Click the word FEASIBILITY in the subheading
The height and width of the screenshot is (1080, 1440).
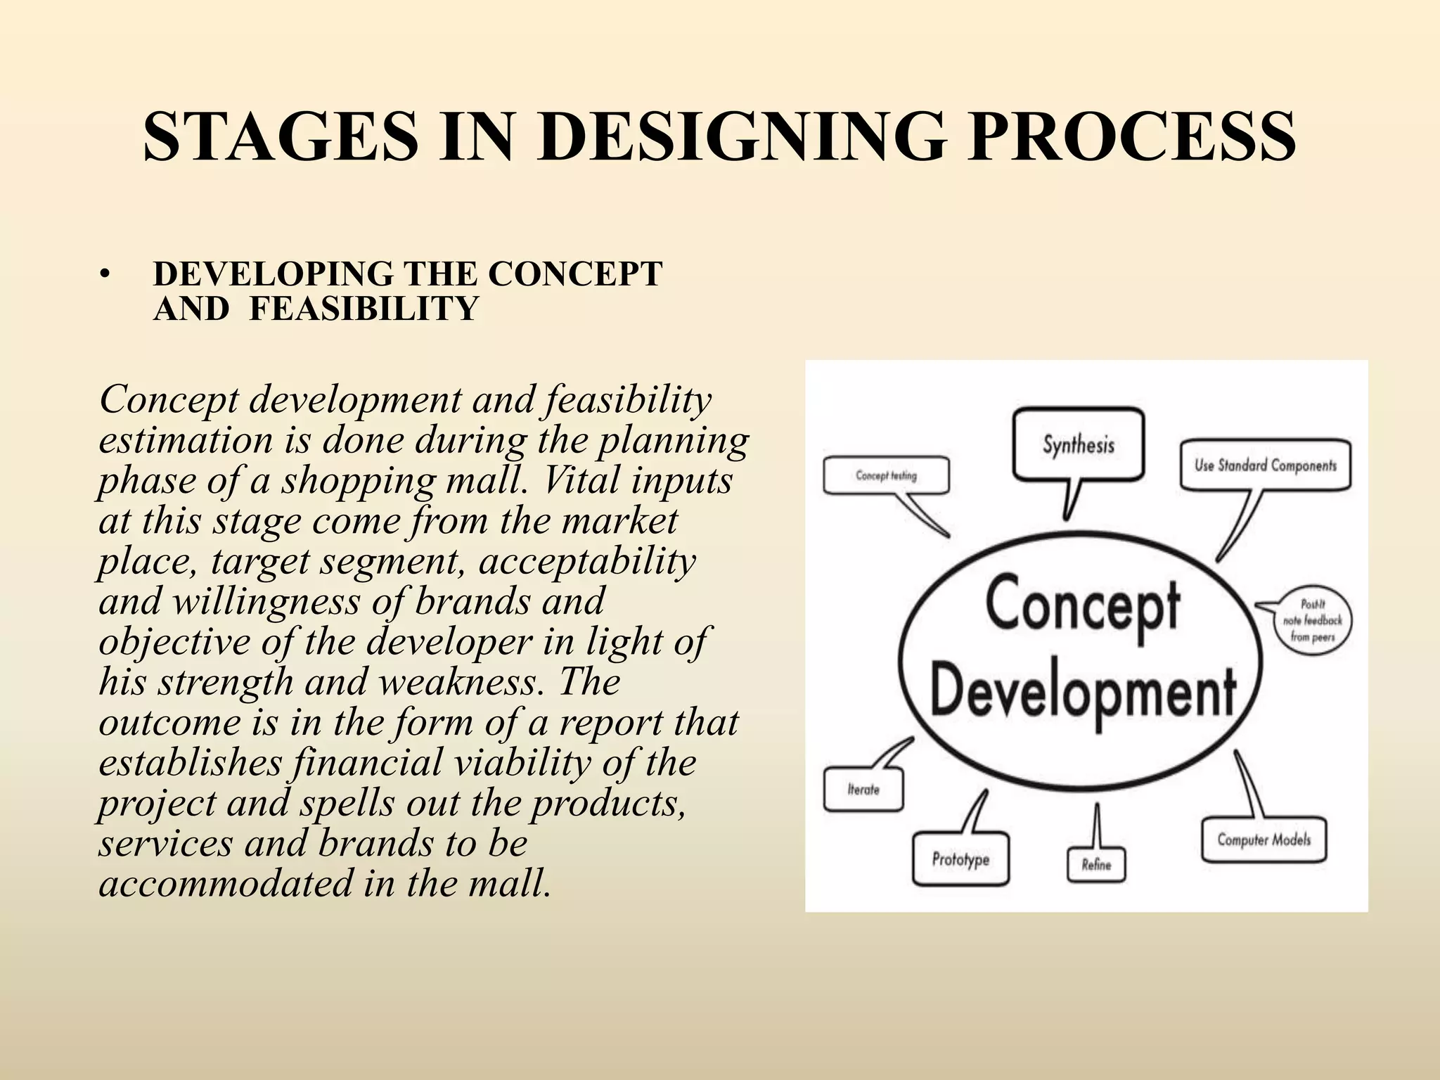[x=364, y=309]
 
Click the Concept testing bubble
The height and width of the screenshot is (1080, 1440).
[x=886, y=476]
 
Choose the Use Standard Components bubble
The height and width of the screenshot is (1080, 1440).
[x=1265, y=465]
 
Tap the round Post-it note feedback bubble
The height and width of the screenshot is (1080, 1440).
[x=1312, y=621]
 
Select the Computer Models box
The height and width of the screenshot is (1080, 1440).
[x=1264, y=840]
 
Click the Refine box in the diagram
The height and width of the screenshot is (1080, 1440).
[x=1096, y=865]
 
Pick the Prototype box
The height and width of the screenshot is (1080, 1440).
[x=960, y=859]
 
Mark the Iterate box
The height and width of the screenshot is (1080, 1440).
[x=863, y=790]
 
